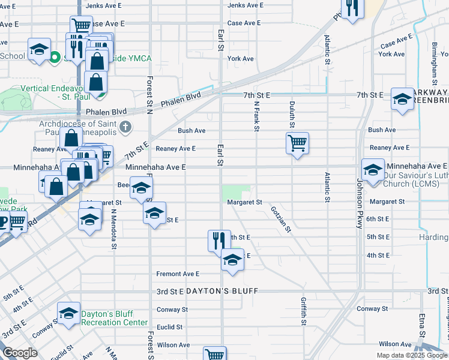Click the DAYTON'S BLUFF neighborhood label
pyautogui.click(x=221, y=291)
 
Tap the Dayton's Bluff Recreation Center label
pyautogui.click(x=115, y=318)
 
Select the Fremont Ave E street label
pyautogui.click(x=178, y=274)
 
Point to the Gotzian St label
pyautogui.click(x=281, y=219)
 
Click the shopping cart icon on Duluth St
pyautogui.click(x=297, y=144)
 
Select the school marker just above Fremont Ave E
pyautogui.click(x=232, y=260)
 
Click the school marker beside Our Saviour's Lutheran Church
pyautogui.click(x=373, y=170)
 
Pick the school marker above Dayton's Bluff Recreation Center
pyautogui.click(x=69, y=313)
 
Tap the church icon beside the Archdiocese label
pyautogui.click(x=125, y=127)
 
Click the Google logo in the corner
pyautogui.click(x=20, y=353)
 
